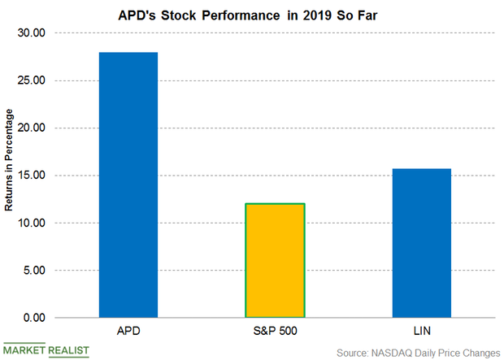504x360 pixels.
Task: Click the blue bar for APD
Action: pos(128,184)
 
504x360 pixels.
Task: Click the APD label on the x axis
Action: pos(128,332)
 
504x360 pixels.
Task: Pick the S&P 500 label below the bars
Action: pos(275,332)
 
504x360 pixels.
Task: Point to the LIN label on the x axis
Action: pos(421,332)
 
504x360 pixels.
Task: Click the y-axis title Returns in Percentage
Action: pos(11,176)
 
